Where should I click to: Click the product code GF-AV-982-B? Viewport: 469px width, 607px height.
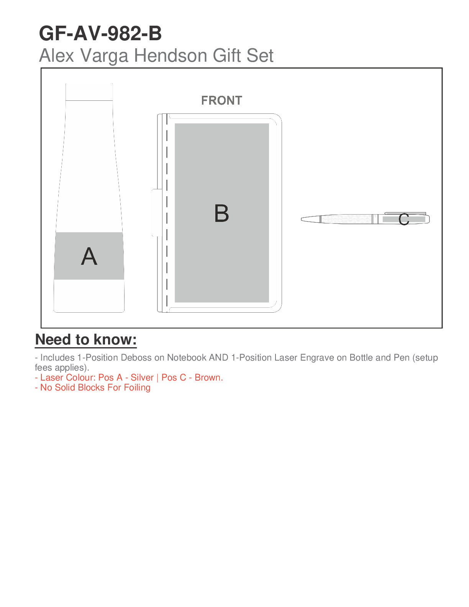100,33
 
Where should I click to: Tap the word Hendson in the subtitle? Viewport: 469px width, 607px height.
171,55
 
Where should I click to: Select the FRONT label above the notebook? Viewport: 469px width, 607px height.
221,100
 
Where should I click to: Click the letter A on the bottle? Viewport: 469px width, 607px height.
89,256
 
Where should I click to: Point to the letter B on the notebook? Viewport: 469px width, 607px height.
221,213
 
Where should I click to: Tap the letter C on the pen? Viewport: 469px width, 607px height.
403,219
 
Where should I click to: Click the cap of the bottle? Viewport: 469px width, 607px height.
89,92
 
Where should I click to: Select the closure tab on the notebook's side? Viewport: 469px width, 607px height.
157,213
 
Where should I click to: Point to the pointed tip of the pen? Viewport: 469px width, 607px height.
302,219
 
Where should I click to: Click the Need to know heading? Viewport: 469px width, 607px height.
86,340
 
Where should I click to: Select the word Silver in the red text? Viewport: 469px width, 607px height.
142,377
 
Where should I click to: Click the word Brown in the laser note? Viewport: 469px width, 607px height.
209,377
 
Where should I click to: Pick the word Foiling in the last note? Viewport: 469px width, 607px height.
137,388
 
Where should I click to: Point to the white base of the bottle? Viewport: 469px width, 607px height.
89,296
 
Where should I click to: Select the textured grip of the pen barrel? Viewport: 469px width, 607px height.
346,219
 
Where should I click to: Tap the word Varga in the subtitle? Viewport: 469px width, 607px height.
104,55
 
